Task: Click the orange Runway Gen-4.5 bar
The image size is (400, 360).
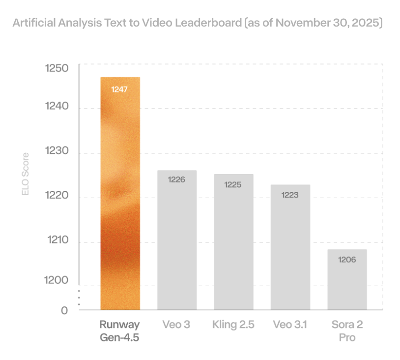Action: click(120, 197)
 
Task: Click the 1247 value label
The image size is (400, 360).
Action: click(120, 90)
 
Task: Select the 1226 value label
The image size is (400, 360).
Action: click(176, 180)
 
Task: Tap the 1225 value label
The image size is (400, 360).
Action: click(233, 185)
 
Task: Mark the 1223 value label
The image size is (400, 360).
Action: click(290, 195)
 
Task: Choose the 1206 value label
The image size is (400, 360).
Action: click(347, 260)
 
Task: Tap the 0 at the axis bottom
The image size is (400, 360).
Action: click(64, 310)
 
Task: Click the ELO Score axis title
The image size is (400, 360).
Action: click(26, 174)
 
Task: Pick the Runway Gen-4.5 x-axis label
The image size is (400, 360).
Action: click(120, 331)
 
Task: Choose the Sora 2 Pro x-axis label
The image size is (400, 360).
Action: click(347, 331)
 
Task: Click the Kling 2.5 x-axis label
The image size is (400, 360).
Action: click(233, 325)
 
